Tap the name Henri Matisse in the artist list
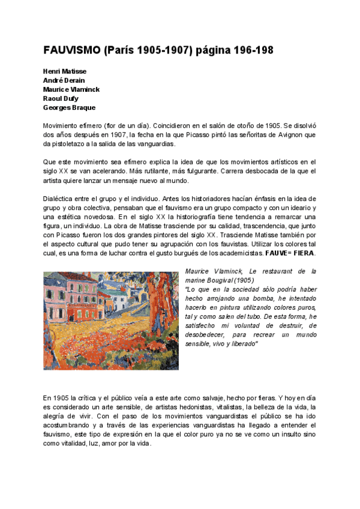click(x=65, y=71)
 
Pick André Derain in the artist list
click(x=64, y=80)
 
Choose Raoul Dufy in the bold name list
click(x=61, y=98)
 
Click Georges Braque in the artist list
click(x=69, y=107)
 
